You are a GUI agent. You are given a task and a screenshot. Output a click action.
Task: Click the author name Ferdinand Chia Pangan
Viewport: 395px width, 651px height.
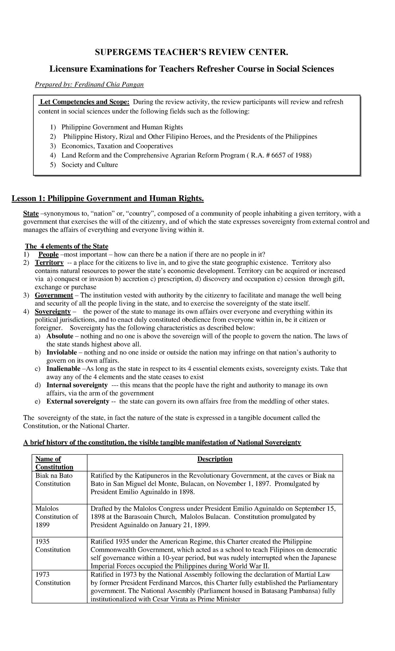(109, 85)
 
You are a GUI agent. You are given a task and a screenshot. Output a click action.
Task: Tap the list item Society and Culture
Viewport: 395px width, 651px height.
(90, 165)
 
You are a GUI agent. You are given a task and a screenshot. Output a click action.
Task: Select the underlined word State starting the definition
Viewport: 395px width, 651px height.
(31, 213)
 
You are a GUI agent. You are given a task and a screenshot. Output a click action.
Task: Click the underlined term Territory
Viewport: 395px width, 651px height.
(49, 263)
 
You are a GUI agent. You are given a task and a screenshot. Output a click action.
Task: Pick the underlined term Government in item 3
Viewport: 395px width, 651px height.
(54, 295)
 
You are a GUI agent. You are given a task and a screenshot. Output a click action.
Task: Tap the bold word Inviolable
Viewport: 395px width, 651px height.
(62, 353)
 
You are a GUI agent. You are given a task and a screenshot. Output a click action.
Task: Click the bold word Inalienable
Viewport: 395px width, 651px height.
(63, 369)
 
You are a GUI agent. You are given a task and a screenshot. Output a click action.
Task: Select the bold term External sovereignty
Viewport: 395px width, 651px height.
(78, 401)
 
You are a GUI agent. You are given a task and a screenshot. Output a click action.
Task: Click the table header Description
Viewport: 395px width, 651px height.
(215, 459)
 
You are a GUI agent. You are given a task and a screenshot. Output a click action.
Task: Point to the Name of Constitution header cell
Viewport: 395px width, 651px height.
(54, 463)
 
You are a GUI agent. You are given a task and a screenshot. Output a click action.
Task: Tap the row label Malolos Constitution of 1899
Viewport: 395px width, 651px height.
(57, 517)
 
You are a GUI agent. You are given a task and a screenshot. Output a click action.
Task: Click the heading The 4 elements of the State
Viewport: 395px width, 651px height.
(67, 246)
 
